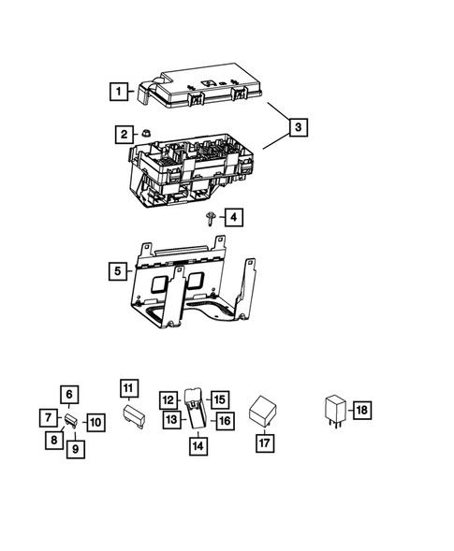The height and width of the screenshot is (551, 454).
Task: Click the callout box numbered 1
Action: click(118, 92)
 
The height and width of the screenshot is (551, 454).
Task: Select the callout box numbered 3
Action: click(297, 126)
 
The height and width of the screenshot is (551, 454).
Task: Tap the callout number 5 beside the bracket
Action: click(118, 271)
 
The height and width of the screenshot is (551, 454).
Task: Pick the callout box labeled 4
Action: click(231, 218)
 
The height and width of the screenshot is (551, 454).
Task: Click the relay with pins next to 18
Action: click(334, 411)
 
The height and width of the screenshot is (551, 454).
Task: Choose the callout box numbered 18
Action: click(361, 410)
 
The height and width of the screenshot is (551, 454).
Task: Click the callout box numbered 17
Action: click(264, 443)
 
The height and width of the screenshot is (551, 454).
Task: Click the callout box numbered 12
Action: click(168, 399)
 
